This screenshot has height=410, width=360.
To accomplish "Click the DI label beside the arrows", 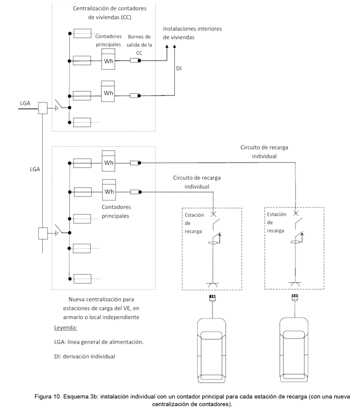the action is (x=179, y=68).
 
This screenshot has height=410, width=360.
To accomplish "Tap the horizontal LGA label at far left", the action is (x=25, y=103).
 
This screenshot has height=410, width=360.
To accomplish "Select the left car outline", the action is (x=212, y=350).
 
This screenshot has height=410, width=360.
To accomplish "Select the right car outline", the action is (x=294, y=350).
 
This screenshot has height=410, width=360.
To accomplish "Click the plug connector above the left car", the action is (x=212, y=298).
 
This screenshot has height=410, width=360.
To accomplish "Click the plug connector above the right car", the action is (x=295, y=298).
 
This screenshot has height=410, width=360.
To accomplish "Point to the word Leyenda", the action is (x=66, y=328).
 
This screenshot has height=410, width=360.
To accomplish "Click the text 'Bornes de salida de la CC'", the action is (x=139, y=45).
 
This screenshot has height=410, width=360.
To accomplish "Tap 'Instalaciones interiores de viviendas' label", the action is (x=192, y=33).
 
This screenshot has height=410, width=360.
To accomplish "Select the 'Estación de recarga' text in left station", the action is (x=194, y=223).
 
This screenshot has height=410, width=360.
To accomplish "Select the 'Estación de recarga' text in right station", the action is (x=276, y=222).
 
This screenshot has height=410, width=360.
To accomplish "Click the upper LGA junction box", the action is (x=43, y=108).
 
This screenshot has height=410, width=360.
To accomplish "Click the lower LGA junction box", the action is (x=43, y=234).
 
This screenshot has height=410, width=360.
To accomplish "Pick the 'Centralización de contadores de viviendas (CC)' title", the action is (x=109, y=13).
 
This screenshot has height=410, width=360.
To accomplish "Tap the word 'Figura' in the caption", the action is (x=42, y=396).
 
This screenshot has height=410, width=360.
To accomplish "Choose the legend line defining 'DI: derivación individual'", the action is (x=85, y=356).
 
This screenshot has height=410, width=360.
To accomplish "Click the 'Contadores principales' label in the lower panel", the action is (x=116, y=212).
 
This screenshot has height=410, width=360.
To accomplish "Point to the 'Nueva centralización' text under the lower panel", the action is (x=101, y=308).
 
